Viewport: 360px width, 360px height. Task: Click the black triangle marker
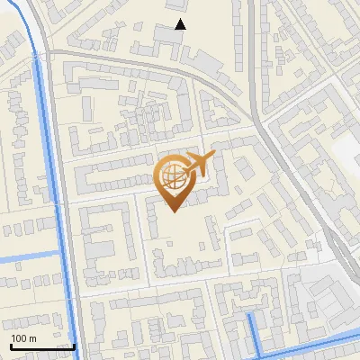[180, 24]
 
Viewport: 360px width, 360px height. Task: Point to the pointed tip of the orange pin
[174, 211]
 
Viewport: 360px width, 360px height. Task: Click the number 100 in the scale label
[19, 337]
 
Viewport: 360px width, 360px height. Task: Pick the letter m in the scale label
[32, 337]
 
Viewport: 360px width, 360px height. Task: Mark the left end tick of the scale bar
[12, 346]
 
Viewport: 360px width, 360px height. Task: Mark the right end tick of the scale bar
[74, 346]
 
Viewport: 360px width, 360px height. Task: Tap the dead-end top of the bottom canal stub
[250, 317]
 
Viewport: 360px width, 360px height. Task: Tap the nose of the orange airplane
[214, 157]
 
